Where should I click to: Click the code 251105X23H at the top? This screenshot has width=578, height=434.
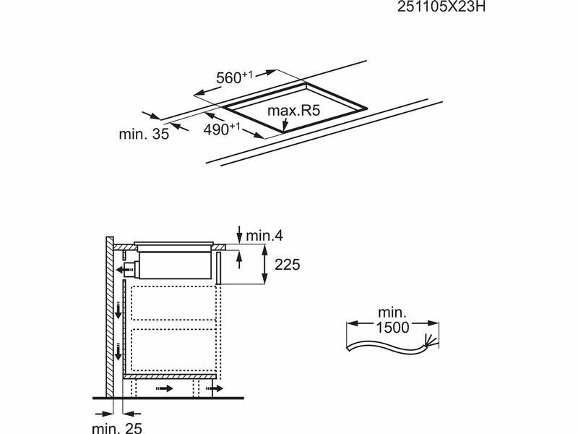[441, 7]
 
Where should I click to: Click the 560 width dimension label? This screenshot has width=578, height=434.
[234, 77]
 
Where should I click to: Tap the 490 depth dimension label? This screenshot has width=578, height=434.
[222, 129]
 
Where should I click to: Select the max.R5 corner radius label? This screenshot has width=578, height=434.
[294, 111]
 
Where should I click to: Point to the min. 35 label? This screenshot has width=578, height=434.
[144, 134]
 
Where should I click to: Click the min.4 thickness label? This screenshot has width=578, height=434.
[264, 236]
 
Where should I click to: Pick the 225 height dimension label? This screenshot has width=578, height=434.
[287, 265]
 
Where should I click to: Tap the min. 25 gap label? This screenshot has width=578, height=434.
[117, 427]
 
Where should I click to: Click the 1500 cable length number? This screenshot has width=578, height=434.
[392, 328]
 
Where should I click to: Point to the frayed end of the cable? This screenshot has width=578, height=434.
[431, 340]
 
